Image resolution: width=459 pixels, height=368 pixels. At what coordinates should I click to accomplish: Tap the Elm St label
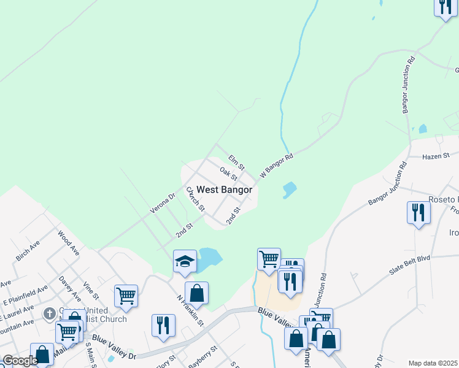pos(236,162)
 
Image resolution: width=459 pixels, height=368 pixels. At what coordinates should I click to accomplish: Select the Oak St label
pos(228,174)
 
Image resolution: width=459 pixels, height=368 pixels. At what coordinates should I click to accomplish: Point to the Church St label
pos(195,199)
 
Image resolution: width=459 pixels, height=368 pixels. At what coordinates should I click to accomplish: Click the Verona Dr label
pos(163,204)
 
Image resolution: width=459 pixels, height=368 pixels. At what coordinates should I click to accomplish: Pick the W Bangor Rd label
pos(277,165)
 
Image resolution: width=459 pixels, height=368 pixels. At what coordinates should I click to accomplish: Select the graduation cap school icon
pos(185,261)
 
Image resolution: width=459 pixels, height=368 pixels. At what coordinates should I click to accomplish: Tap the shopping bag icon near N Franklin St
pos(196,293)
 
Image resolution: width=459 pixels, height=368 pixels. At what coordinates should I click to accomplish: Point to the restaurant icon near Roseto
pos(418,213)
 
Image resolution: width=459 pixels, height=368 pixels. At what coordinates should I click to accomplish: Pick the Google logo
pos(20,361)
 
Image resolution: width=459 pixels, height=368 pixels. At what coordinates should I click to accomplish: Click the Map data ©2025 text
pos(433,363)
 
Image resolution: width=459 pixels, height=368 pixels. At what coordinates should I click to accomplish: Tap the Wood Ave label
pos(68,242)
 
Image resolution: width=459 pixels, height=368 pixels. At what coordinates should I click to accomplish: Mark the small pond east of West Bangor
pos(288,190)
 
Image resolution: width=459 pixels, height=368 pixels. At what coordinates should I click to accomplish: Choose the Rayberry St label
pos(202,357)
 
